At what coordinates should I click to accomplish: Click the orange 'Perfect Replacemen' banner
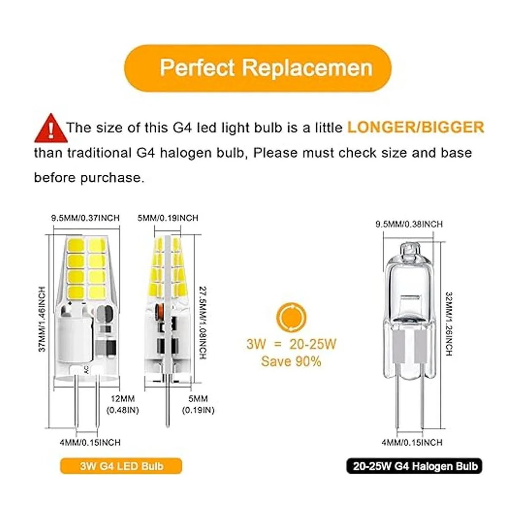click(x=257, y=69)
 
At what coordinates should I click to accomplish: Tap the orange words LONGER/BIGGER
click(x=416, y=127)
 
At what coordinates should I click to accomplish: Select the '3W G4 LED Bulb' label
click(x=121, y=466)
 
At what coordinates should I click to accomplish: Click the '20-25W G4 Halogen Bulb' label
click(x=414, y=466)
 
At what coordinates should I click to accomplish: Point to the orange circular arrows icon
click(x=291, y=318)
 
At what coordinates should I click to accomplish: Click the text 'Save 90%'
click(x=291, y=362)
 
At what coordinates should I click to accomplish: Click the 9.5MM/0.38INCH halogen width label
click(x=409, y=224)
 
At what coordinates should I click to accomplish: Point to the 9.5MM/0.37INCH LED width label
click(x=85, y=218)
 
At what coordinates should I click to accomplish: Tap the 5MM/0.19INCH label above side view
click(x=168, y=218)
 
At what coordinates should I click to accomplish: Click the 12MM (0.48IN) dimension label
click(x=123, y=404)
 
